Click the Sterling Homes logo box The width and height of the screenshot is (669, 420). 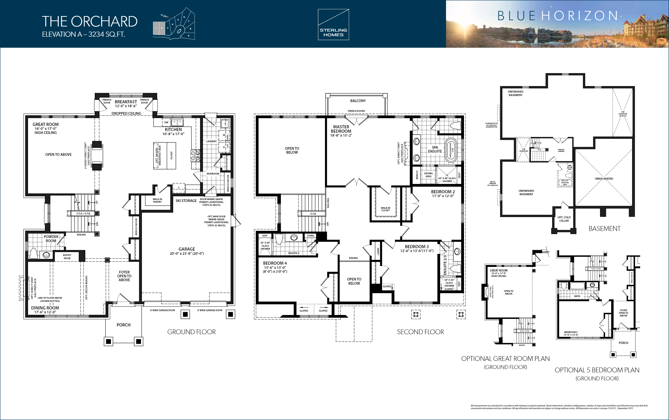tap(333, 25)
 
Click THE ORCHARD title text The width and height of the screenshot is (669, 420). tap(89, 21)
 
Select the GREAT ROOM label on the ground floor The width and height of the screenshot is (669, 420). tap(45, 124)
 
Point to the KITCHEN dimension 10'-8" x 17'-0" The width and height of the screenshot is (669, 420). tap(173, 134)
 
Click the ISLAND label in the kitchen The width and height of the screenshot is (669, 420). tap(172, 155)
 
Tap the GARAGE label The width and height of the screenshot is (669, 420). tap(187, 249)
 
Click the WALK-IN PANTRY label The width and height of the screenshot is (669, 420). tap(157, 201)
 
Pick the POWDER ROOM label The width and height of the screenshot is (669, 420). tap(51, 239)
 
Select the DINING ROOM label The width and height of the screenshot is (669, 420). tap(45, 308)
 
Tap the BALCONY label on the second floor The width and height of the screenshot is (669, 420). tap(358, 101)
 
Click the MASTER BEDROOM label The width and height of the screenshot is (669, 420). tap(341, 129)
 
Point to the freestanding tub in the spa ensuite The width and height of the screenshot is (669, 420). tap(450, 150)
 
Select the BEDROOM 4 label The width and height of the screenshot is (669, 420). tap(275, 263)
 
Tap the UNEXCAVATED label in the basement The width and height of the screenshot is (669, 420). tap(604, 179)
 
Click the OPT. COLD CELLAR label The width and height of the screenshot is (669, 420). tap(564, 219)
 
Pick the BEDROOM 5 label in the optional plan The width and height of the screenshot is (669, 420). tap(571, 332)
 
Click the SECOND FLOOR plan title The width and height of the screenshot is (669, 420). tap(420, 332)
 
